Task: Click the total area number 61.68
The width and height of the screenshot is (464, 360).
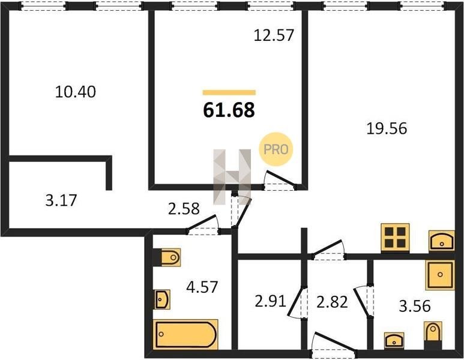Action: click(x=229, y=110)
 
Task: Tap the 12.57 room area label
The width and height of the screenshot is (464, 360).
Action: click(x=274, y=35)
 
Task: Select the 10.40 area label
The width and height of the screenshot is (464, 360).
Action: click(x=76, y=92)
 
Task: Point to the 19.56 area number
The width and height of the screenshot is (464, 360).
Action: click(x=387, y=128)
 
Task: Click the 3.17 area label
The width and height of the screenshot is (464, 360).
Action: click(x=61, y=200)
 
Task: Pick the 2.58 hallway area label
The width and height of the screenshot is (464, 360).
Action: click(x=184, y=209)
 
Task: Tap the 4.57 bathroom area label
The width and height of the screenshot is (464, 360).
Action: click(x=202, y=287)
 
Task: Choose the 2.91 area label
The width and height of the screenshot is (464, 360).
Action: click(x=270, y=301)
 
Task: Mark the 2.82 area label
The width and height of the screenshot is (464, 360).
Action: click(x=332, y=302)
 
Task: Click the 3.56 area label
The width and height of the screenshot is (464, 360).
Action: click(x=415, y=306)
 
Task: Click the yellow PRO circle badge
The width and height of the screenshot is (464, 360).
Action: click(x=276, y=149)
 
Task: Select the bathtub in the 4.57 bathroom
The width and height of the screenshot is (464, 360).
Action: click(x=185, y=334)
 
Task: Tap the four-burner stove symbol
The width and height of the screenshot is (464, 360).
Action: click(x=395, y=238)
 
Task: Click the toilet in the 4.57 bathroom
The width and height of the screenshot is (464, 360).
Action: click(x=169, y=257)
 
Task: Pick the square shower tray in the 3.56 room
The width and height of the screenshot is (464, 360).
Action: click(x=440, y=275)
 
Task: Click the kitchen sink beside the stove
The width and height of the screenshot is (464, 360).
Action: click(x=442, y=241)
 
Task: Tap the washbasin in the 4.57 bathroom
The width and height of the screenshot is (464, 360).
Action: click(x=162, y=299)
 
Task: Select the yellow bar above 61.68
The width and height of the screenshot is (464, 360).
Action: click(x=229, y=92)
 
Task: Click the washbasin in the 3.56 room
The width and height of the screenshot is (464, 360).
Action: click(x=394, y=340)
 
